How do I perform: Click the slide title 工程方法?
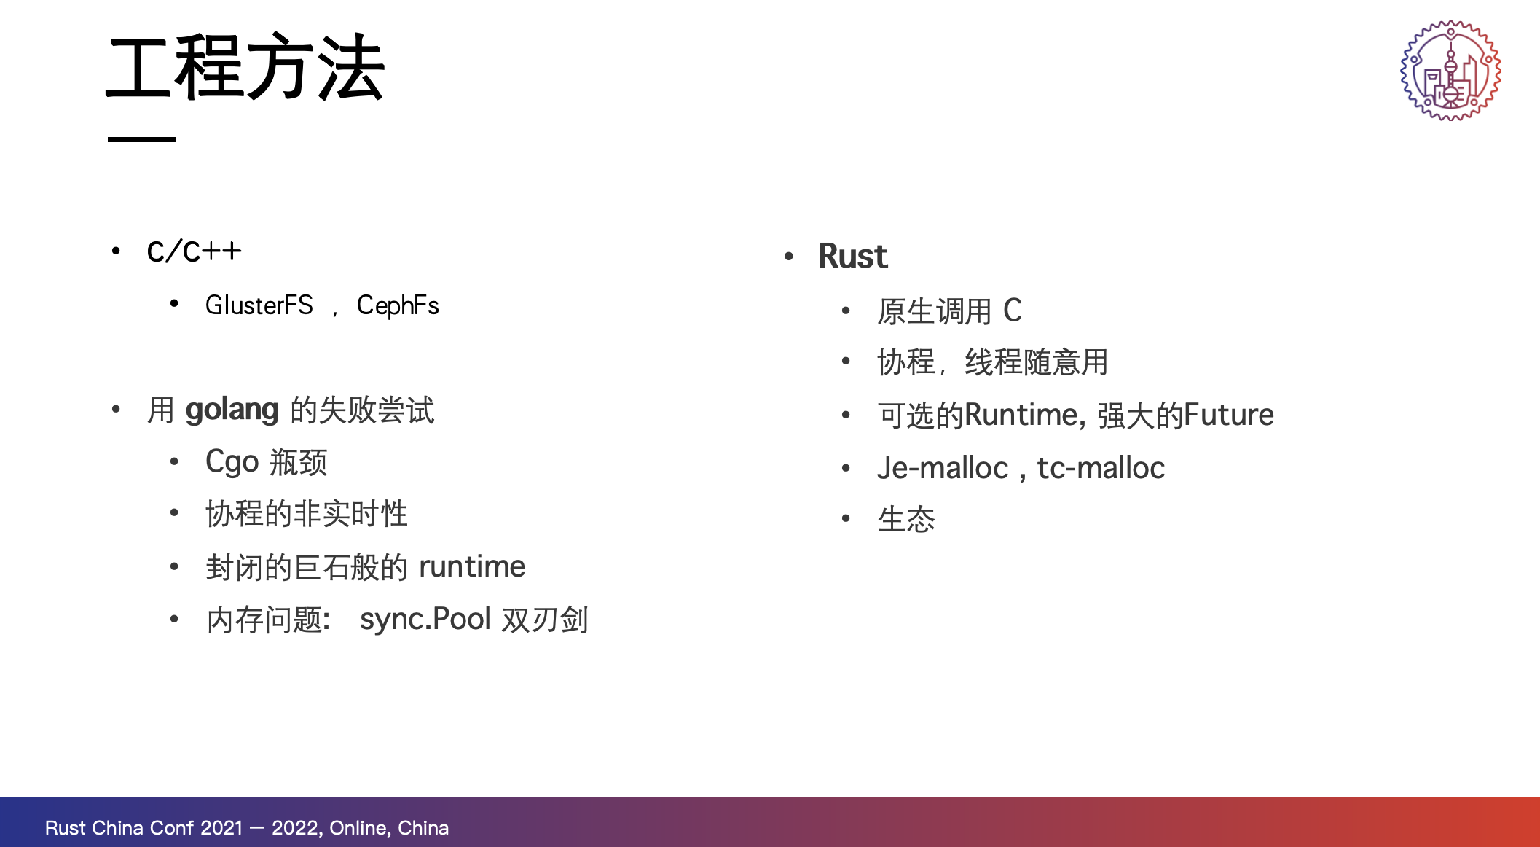tap(245, 67)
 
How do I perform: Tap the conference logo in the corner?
tap(1450, 71)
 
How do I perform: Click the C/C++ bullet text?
tap(194, 251)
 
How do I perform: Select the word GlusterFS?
tap(259, 305)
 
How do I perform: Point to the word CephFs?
tap(398, 306)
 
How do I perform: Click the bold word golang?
tap(232, 410)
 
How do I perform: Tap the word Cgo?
tap(232, 462)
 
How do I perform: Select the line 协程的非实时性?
tap(307, 514)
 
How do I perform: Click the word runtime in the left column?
tap(472, 566)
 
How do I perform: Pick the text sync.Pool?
tap(425, 620)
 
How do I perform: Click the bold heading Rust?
tap(853, 256)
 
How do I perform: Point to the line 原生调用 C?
tap(950, 311)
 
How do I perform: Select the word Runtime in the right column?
tap(1021, 415)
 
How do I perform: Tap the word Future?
tap(1229, 415)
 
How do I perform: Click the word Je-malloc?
tap(943, 468)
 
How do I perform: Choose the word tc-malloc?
tap(1101, 468)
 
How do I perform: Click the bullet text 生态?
tap(906, 520)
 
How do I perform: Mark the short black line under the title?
tap(142, 139)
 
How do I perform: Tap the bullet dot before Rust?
tap(789, 257)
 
